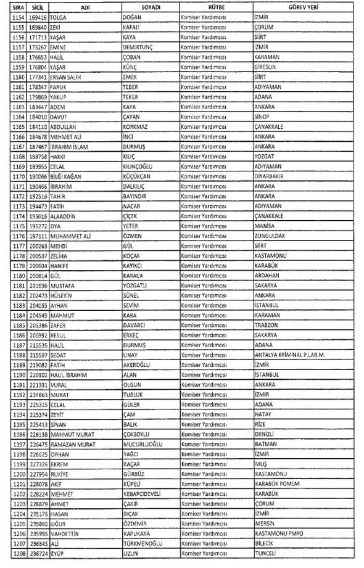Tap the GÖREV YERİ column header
(x=302, y=7)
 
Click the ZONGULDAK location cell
(x=272, y=235)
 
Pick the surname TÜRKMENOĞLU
(x=144, y=546)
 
